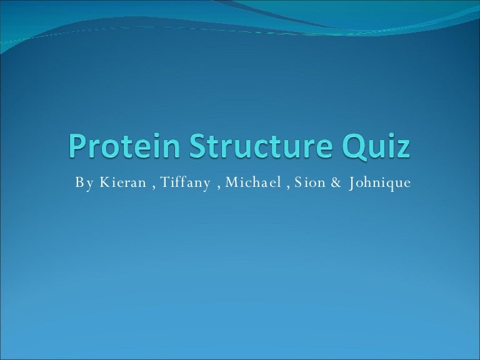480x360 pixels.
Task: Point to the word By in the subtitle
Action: (82, 183)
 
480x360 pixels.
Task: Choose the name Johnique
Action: (380, 183)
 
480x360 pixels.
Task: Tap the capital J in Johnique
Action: (352, 182)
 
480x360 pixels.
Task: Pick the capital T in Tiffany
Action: (162, 182)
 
